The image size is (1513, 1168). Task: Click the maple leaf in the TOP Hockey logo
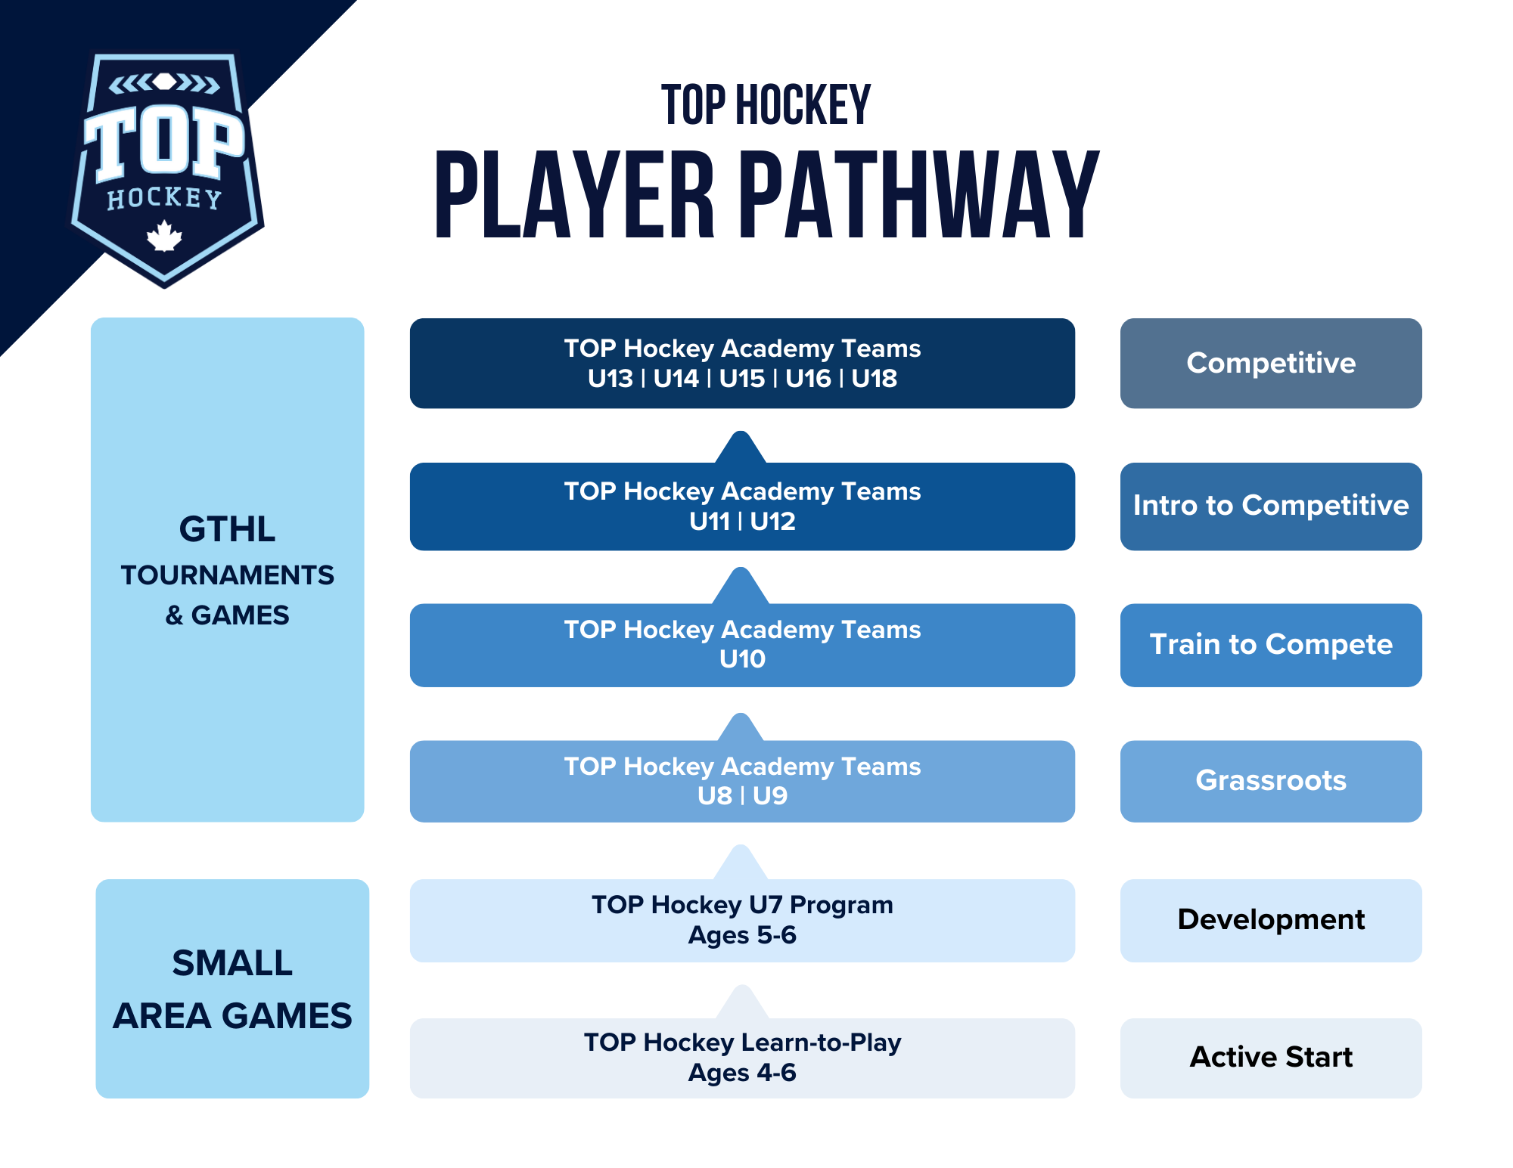click(x=164, y=237)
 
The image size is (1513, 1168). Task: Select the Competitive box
click(x=1270, y=363)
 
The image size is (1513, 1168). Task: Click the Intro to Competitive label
click(x=1270, y=505)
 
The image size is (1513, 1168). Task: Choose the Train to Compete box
click(x=1270, y=644)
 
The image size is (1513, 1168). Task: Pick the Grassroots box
click(x=1270, y=780)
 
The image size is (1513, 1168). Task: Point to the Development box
click(x=1270, y=919)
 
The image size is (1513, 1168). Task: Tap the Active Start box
click(x=1270, y=1057)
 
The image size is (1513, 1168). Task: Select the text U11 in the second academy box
click(x=709, y=521)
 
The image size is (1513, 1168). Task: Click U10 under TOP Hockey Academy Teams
click(x=742, y=659)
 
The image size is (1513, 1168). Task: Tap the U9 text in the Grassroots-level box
click(x=770, y=795)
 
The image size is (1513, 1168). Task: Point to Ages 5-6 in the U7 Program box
click(x=742, y=935)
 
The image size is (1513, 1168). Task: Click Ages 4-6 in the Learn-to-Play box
click(x=742, y=1073)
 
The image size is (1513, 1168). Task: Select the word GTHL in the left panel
click(x=227, y=529)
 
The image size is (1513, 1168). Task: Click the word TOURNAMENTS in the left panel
click(x=227, y=575)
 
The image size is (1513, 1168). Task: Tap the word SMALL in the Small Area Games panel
click(x=231, y=963)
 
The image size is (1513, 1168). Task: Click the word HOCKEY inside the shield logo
click(x=164, y=198)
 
